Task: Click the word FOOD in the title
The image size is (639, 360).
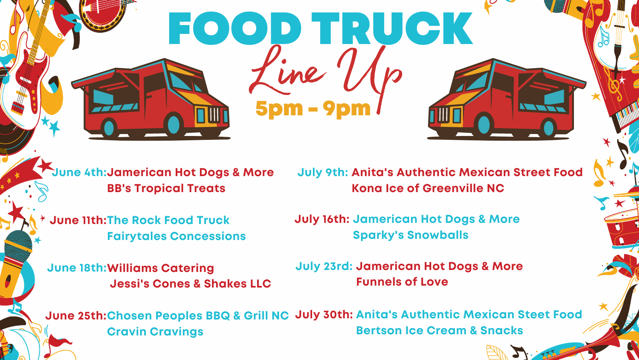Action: [x=235, y=28]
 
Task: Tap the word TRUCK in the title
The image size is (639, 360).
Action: [x=392, y=28]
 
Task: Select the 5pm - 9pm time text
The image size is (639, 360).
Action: [x=313, y=109]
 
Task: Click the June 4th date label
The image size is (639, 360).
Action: [x=79, y=173]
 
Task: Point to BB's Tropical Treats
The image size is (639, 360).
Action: [x=166, y=189]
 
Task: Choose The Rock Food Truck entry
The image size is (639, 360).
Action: [x=168, y=220]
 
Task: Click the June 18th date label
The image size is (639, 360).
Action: [x=77, y=268]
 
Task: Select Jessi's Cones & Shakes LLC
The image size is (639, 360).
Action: [x=190, y=284]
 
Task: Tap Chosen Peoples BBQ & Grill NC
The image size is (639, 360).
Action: [x=198, y=316]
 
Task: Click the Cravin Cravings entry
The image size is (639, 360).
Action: [x=155, y=332]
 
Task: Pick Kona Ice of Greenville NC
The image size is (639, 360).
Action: [x=428, y=189]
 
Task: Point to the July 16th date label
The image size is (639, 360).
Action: [x=322, y=219]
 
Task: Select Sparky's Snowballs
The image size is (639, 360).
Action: [x=411, y=235]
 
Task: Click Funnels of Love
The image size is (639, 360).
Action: [x=402, y=282]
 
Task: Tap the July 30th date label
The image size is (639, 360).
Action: [x=324, y=315]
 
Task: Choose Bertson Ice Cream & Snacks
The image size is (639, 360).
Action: [x=440, y=331]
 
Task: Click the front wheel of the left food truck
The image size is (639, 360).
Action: [x=173, y=125]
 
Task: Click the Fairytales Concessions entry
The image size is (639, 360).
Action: [x=176, y=236]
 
